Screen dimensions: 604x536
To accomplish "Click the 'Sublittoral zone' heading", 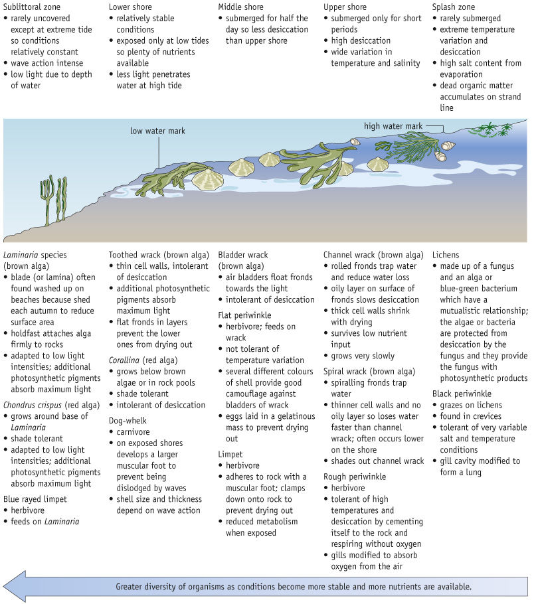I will click(32, 7).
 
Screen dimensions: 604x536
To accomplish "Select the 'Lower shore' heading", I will click(131, 7).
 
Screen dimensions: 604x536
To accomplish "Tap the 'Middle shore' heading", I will click(242, 7).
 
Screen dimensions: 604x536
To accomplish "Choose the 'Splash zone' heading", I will click(455, 7).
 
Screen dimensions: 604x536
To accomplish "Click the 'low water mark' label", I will click(157, 131).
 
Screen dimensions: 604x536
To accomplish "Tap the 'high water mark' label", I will click(393, 126).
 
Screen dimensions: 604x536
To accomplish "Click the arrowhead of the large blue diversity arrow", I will click(16, 587).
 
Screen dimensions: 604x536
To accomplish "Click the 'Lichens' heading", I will click(446, 255).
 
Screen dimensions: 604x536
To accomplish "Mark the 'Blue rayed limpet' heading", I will click(35, 498).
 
